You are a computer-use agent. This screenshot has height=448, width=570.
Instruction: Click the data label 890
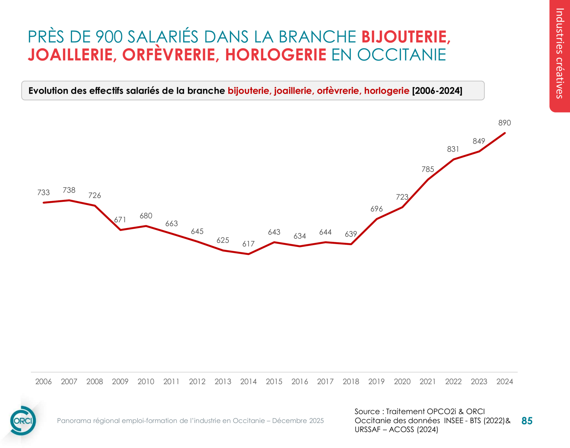click(504, 123)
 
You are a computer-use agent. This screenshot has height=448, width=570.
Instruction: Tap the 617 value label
click(248, 244)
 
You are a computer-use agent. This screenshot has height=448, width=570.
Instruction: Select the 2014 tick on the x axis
click(248, 382)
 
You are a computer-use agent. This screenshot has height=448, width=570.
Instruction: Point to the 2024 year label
click(504, 382)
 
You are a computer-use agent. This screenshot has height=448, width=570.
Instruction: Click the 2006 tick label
click(43, 382)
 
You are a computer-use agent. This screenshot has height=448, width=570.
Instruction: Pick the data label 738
click(69, 190)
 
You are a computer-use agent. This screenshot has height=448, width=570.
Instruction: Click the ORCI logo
click(23, 421)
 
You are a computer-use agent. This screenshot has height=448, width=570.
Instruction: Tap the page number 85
click(527, 421)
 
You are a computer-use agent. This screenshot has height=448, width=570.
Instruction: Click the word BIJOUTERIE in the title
click(405, 37)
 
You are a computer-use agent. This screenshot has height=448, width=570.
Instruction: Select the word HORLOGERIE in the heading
click(275, 55)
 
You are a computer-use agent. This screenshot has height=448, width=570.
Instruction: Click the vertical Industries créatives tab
click(560, 53)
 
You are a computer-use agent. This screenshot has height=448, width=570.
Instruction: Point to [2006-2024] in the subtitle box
click(437, 91)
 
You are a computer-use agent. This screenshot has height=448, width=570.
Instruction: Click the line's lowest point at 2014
click(248, 254)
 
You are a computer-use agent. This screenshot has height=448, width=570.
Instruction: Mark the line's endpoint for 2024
click(504, 133)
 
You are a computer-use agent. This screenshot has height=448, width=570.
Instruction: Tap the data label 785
click(427, 170)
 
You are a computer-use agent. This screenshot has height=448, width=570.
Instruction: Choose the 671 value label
click(120, 220)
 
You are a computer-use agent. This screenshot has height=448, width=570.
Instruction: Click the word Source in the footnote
click(367, 412)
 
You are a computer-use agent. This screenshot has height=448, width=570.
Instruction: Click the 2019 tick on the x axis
click(376, 382)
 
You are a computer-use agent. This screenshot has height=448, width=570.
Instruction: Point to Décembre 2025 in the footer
click(298, 421)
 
